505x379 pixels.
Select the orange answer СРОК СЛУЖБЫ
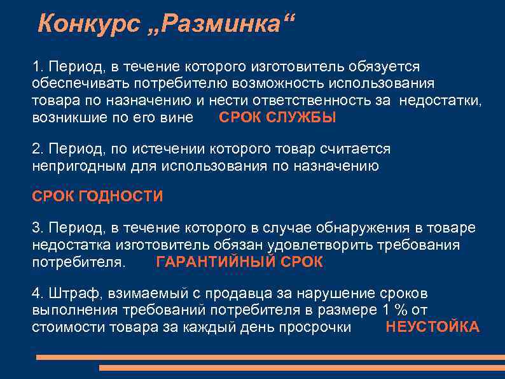tap(277, 118)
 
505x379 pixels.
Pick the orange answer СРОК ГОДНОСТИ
tap(97, 196)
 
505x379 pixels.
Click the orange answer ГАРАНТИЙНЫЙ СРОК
tap(239, 262)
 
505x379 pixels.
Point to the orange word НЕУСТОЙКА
tap(432, 327)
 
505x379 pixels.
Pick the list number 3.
tap(36, 227)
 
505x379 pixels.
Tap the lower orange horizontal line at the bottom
tap(301, 368)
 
